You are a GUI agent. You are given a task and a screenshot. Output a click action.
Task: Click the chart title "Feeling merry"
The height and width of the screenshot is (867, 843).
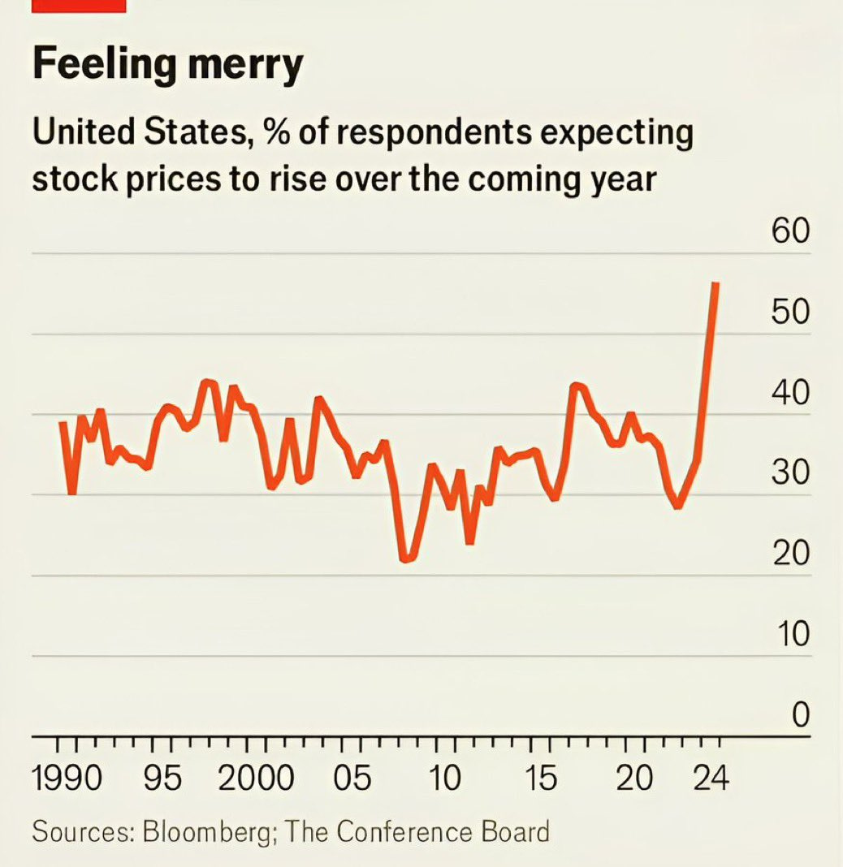tap(167, 64)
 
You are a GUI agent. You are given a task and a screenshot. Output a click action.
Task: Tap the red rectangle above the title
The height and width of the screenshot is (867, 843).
tap(79, 6)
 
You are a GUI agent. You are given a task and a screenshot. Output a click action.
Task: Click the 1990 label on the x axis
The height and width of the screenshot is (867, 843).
tap(68, 779)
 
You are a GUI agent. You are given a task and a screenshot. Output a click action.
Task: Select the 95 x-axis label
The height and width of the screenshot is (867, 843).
tap(162, 779)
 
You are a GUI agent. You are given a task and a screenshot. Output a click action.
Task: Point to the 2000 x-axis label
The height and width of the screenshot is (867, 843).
tap(257, 779)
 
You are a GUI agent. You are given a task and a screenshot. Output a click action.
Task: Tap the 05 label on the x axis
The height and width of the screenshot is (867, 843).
tap(352, 779)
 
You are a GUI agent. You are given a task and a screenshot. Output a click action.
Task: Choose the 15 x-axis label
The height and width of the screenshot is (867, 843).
tap(540, 779)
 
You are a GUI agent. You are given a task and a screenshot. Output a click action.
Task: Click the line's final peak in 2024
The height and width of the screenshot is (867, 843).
tap(715, 284)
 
